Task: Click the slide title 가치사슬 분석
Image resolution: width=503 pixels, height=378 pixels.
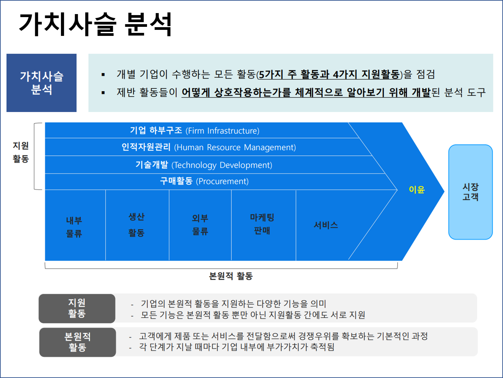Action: tap(95, 24)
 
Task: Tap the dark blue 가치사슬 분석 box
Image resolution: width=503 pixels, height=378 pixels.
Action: tap(42, 83)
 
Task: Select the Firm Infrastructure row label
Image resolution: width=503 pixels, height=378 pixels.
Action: tap(195, 130)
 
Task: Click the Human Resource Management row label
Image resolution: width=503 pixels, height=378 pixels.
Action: tap(208, 147)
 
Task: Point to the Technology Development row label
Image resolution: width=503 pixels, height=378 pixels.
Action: tap(204, 165)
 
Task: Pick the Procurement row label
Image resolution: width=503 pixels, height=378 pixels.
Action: tap(204, 181)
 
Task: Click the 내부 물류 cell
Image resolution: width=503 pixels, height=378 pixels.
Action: tap(74, 227)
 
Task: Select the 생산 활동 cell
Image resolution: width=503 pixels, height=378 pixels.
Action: tap(137, 225)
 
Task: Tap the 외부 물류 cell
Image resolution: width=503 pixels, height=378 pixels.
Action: tap(200, 225)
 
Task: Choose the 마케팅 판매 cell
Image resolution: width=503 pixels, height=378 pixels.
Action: tap(262, 224)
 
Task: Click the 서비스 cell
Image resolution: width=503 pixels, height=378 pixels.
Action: tap(326, 225)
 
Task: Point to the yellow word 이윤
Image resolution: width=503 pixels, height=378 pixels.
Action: tap(417, 190)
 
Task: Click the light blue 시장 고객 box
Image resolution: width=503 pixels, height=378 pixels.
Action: tap(470, 192)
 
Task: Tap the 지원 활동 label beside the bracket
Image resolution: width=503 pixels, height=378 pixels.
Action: tap(21, 152)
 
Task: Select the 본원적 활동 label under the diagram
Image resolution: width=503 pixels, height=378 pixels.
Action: tap(231, 276)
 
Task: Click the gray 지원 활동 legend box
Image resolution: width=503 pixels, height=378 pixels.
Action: tap(77, 308)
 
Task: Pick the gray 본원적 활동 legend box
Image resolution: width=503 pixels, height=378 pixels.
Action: tap(77, 342)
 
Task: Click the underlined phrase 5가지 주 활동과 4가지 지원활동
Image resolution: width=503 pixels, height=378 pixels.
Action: tap(329, 74)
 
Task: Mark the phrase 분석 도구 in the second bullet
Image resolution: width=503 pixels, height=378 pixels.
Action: tap(465, 92)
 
